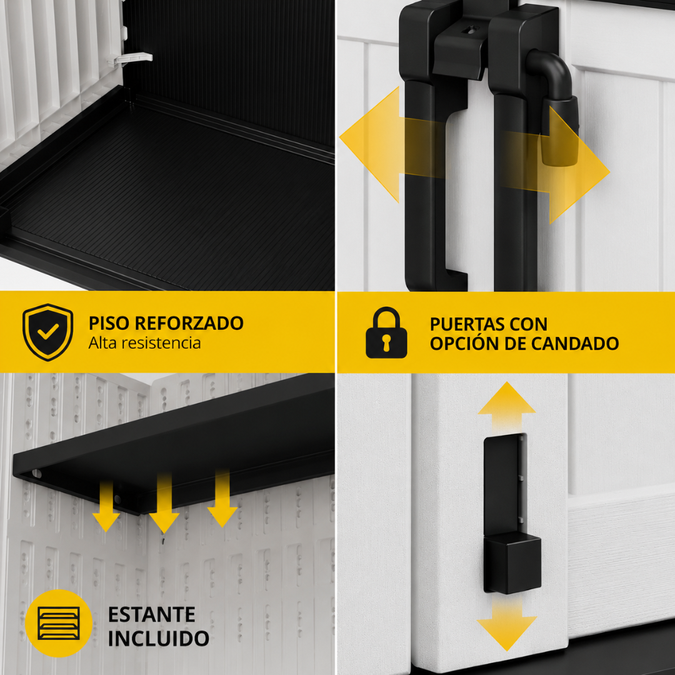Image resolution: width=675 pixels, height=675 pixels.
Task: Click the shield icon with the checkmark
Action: [x=47, y=332]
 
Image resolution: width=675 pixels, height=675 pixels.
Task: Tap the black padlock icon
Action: [x=386, y=332]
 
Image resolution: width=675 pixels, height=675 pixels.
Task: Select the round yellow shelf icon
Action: [x=59, y=623]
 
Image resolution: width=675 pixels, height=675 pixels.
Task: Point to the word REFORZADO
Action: [x=189, y=323]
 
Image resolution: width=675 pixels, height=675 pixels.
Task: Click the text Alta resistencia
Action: [x=144, y=343]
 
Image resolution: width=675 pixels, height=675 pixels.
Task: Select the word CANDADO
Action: [x=575, y=344]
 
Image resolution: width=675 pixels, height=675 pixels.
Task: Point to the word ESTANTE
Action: [x=151, y=614]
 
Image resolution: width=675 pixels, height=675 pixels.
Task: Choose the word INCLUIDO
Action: [x=158, y=638]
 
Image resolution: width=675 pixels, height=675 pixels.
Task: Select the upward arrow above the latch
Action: [x=507, y=407]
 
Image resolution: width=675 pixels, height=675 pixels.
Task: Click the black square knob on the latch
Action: [x=513, y=562]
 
